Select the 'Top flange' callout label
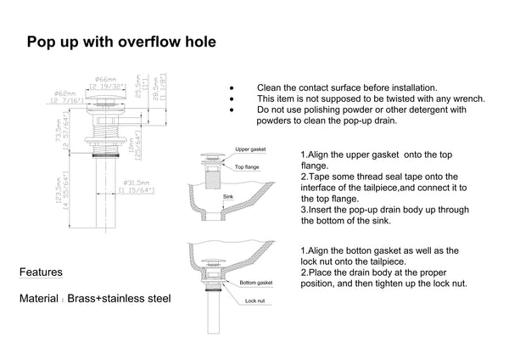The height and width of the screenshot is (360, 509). point(246,167)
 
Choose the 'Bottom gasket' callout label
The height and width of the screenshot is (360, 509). point(255,281)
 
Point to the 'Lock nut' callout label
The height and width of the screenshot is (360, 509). point(255,300)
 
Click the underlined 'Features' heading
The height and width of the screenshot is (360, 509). point(40,273)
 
